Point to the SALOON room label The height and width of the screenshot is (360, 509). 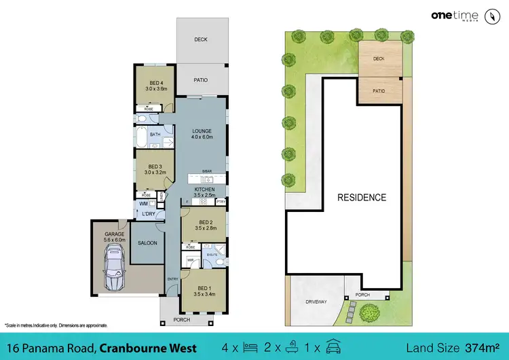tap(147, 242)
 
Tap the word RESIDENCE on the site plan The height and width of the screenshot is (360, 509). tap(362, 198)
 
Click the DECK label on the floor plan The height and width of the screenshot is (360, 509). tap(201, 39)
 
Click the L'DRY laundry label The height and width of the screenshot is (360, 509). tap(148, 215)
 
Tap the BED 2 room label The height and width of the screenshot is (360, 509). tap(206, 226)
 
